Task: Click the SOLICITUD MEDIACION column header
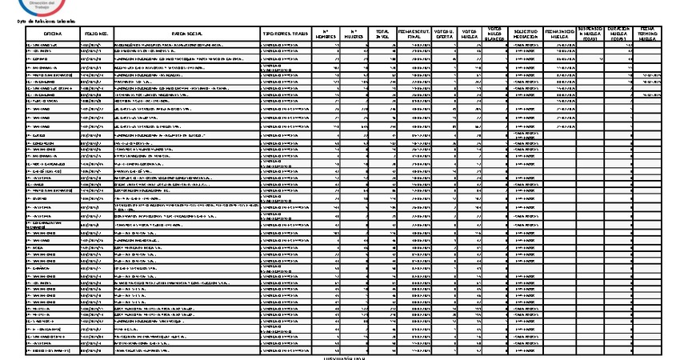(524, 34)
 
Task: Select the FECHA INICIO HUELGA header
(559, 34)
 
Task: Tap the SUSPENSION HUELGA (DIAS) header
(590, 34)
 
